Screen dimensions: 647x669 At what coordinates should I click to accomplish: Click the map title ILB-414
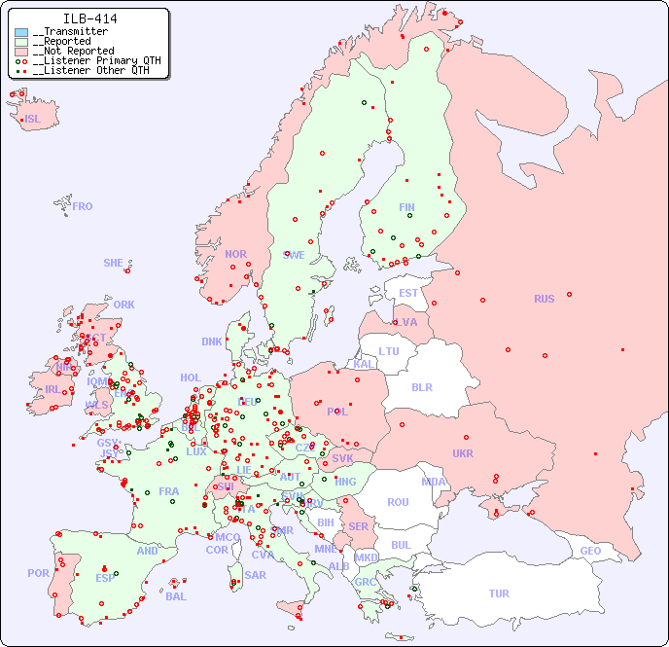coord(90,18)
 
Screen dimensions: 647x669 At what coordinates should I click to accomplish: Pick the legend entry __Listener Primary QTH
coord(92,60)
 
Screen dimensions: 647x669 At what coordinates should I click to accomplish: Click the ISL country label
coord(33,120)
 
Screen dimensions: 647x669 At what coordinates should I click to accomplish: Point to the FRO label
coord(83,206)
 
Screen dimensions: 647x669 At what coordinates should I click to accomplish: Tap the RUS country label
coord(544,299)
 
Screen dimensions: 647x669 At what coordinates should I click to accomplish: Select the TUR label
coord(499,593)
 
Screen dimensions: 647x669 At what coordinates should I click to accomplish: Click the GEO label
coord(590,551)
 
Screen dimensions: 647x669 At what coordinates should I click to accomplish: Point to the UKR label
coord(463,453)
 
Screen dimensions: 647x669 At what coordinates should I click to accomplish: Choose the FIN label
coord(406,207)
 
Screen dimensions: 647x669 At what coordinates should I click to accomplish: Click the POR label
coord(38,573)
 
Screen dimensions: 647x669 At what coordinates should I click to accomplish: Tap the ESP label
coord(105,578)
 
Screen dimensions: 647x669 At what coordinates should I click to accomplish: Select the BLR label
coord(421,386)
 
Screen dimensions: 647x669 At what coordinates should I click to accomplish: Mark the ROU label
coord(398,502)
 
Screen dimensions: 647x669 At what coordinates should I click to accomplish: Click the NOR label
coord(235,254)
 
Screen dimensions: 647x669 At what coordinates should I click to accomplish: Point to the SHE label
coord(114,263)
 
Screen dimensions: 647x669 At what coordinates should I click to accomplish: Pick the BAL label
coord(176,596)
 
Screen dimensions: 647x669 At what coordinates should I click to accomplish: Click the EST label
coord(408,293)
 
